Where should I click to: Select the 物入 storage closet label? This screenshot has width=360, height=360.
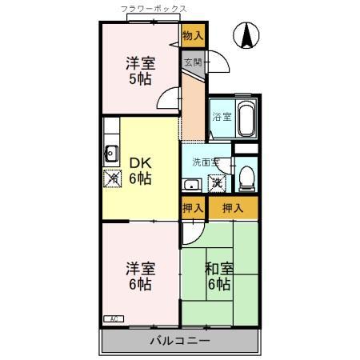pyautogui.click(x=192, y=36)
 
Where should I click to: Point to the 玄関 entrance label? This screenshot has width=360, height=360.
pyautogui.click(x=192, y=61)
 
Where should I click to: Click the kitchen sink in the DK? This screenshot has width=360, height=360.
pyautogui.click(x=110, y=154)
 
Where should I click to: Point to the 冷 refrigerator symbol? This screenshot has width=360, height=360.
pyautogui.click(x=110, y=178)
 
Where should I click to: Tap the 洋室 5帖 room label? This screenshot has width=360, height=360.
pyautogui.click(x=139, y=70)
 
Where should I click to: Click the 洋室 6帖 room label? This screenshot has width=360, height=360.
pyautogui.click(x=139, y=275)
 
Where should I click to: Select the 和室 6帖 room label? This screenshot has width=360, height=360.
pyautogui.click(x=218, y=276)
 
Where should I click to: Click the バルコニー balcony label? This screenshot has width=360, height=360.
pyautogui.click(x=179, y=341)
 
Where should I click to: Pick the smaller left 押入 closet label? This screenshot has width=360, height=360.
pyautogui.click(x=192, y=208)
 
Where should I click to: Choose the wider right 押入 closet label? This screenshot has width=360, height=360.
pyautogui.click(x=233, y=208)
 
